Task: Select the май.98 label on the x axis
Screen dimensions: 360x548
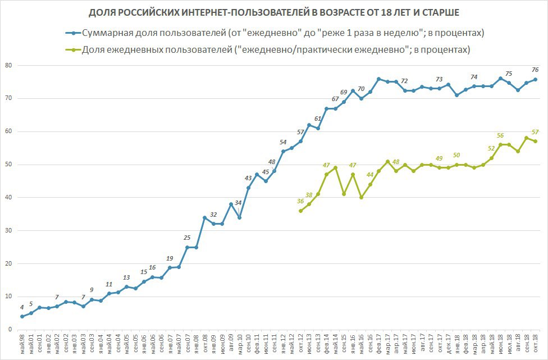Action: [22, 343]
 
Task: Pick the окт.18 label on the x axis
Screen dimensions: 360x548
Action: [535, 343]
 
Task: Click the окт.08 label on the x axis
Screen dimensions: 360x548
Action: [205, 343]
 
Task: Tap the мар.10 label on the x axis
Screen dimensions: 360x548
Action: [240, 343]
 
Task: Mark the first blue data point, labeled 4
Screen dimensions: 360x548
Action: [22, 316]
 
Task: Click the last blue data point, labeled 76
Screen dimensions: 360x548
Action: [535, 79]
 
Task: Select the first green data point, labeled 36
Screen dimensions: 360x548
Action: [300, 211]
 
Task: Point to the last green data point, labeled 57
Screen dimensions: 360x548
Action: [535, 141]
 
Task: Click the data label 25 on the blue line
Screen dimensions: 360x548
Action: [187, 238]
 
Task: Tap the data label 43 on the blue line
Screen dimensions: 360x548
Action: [248, 178]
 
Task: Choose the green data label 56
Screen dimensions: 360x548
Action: [500, 135]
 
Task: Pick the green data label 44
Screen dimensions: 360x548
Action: [371, 175]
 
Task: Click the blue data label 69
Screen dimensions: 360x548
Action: [344, 93]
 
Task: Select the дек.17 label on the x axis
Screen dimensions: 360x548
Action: [448, 343]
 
